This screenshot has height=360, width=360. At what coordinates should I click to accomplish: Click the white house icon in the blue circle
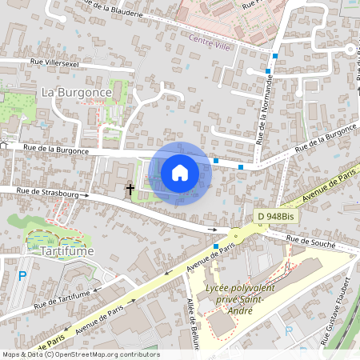180,172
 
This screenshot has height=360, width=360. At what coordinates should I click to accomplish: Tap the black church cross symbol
130,190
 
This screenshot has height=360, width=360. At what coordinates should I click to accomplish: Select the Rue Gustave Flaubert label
338,312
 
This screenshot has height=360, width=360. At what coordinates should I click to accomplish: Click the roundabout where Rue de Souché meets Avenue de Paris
235,237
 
